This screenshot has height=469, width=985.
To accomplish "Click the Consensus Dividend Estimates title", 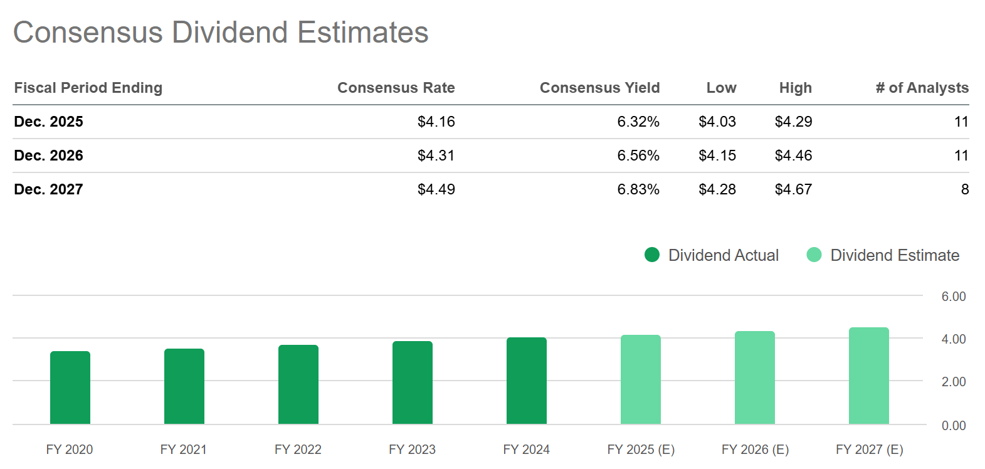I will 221,33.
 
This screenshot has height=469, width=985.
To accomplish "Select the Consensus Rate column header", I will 396,88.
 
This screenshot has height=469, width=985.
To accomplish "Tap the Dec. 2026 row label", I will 48,155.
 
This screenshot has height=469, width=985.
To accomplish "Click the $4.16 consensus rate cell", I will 436,122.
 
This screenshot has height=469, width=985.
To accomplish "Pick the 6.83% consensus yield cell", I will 638,189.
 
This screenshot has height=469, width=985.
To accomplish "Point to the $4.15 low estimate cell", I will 717,155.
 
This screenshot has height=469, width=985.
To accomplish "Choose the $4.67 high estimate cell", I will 793,189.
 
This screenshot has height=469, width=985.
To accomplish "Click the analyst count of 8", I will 964,189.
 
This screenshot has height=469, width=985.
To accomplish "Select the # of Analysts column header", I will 922,88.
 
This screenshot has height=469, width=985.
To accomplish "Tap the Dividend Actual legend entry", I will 712,255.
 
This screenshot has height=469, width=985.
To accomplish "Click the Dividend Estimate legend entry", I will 883,255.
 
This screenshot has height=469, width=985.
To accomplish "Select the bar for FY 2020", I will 70,387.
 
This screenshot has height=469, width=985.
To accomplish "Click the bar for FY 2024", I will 527,381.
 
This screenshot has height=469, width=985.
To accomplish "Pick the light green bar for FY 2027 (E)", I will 869,376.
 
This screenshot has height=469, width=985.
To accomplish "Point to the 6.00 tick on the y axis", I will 953,297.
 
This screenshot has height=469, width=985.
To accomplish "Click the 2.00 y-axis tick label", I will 953,382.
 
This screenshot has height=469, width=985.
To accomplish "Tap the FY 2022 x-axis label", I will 298,450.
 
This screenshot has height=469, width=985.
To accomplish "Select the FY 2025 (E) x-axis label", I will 641,450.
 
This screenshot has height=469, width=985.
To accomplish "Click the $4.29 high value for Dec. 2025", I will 793,122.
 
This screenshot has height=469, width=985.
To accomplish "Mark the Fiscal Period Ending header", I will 88,88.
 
